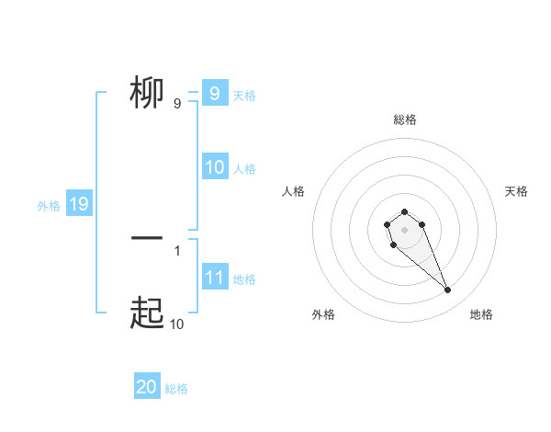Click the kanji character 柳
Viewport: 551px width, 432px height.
[148, 93]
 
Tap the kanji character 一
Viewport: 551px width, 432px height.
[147, 238]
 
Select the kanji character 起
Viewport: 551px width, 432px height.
[148, 313]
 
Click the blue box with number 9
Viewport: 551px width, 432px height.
[214, 94]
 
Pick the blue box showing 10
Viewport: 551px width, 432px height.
[215, 167]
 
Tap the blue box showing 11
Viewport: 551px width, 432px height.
[215, 278]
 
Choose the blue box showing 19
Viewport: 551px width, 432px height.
[79, 204]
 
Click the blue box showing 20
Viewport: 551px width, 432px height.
[147, 388]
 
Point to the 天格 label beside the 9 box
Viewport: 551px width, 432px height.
[244, 95]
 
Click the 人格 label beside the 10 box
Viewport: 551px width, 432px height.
[244, 169]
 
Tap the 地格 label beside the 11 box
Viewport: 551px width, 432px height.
[244, 279]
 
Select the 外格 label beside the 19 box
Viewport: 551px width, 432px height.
[49, 206]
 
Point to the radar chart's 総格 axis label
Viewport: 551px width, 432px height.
[404, 119]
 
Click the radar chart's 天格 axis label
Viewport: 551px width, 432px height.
[516, 191]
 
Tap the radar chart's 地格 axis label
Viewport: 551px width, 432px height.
[481, 314]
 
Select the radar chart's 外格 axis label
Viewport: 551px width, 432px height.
[323, 314]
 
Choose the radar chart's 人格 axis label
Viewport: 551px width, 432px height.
[294, 191]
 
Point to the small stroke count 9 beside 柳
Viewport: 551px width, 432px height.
[177, 104]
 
